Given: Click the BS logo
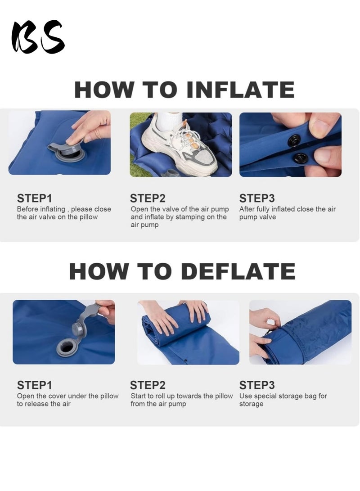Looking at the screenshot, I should (38, 37).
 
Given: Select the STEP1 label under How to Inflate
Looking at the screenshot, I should (35, 198).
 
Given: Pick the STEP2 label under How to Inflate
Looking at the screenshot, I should (148, 198).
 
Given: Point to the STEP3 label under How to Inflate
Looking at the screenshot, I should (257, 198).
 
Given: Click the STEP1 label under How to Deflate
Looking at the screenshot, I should (35, 385).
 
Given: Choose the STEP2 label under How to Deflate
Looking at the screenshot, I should (148, 385).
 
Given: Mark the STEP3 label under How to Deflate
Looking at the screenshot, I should (257, 385).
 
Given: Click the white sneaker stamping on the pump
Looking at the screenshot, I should (180, 144).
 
